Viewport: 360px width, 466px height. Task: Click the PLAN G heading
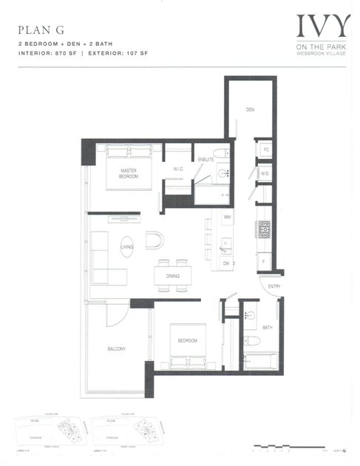[36, 31]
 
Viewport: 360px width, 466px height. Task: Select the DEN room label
[251, 110]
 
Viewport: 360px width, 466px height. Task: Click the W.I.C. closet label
[178, 169]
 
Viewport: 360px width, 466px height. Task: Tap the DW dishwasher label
[228, 263]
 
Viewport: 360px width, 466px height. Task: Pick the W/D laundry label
[264, 175]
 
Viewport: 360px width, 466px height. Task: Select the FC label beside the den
[265, 149]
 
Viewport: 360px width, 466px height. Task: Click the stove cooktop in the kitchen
[263, 229]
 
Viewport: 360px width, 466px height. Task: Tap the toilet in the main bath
[251, 342]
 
